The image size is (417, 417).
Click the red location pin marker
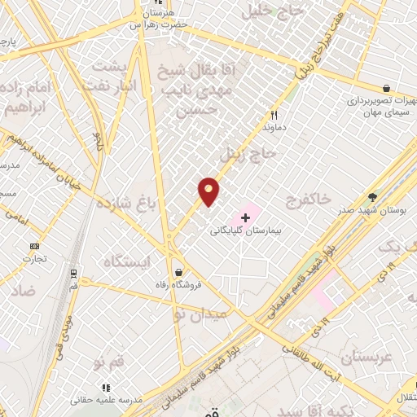(208, 191)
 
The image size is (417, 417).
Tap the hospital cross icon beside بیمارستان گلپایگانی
(245, 218)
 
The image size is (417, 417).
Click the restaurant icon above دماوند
(274, 115)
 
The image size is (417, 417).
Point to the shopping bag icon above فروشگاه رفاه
(178, 273)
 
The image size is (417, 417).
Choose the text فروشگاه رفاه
(178, 286)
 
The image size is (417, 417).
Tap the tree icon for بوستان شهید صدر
(373, 196)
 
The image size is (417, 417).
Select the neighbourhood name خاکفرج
(308, 198)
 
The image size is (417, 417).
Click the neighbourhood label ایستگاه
(127, 261)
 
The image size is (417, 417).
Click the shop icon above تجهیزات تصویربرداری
(385, 88)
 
